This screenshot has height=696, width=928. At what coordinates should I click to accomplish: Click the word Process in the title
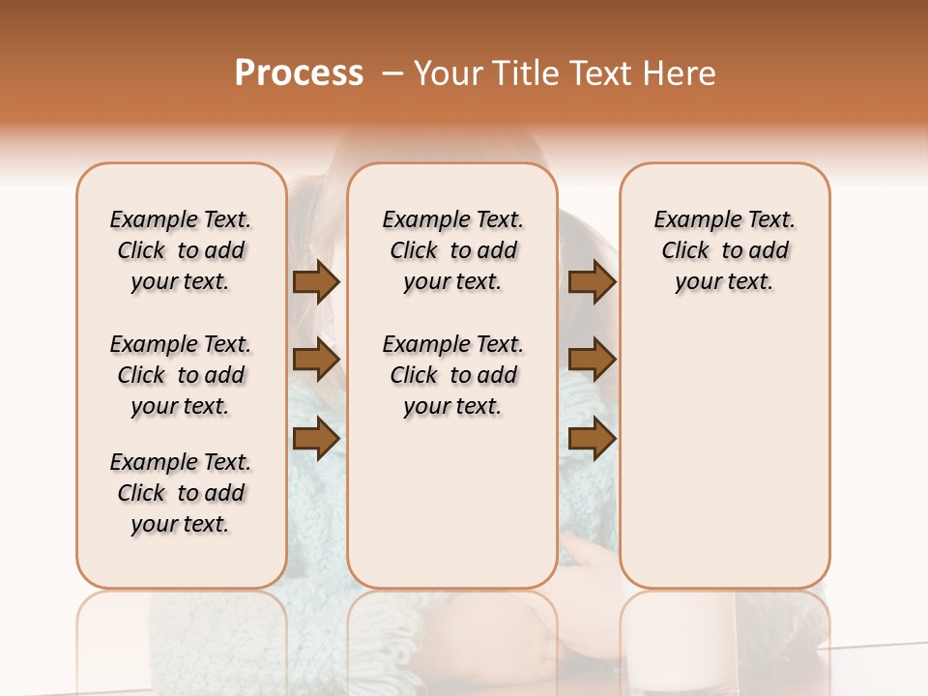pyautogui.click(x=299, y=73)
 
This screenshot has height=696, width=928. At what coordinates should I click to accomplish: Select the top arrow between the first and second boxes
pyautogui.click(x=316, y=281)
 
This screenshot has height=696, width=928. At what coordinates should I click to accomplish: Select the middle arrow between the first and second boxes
pyautogui.click(x=316, y=360)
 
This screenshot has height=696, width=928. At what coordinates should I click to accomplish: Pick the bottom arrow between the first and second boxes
pyautogui.click(x=316, y=438)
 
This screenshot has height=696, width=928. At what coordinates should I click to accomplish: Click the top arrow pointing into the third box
pyautogui.click(x=592, y=281)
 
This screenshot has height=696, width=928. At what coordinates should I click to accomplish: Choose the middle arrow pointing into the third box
pyautogui.click(x=592, y=360)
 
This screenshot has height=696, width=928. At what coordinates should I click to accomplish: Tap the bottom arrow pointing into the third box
pyautogui.click(x=592, y=438)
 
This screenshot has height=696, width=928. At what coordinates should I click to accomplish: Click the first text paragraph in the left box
pyautogui.click(x=181, y=250)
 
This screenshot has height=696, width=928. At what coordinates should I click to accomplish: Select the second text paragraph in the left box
pyautogui.click(x=181, y=375)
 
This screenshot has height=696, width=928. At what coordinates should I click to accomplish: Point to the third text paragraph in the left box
pyautogui.click(x=181, y=493)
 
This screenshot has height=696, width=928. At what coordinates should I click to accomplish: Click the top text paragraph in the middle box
pyautogui.click(x=452, y=250)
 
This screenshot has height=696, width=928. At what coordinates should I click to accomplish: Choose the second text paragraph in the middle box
pyautogui.click(x=452, y=375)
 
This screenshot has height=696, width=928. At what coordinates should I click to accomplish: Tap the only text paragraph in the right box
pyautogui.click(x=724, y=250)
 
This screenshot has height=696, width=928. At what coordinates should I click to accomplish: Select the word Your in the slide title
pyautogui.click(x=449, y=73)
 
